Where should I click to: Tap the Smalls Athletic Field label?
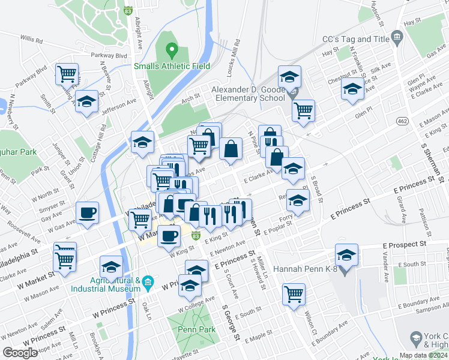point(172,66)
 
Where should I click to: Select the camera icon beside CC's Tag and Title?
point(397,38)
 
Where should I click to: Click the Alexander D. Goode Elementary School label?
point(248,94)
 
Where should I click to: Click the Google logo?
point(20,353)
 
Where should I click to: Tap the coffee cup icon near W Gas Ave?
point(88,212)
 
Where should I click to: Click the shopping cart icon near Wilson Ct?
point(294,294)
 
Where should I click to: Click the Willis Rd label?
point(31,40)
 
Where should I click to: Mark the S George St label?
point(231,325)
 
